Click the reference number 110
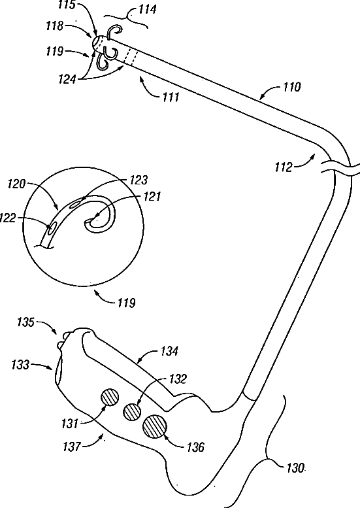pos(291,87)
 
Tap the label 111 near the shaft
pos(171,97)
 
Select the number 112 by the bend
pos(284,167)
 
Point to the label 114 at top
pos(147,9)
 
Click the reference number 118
pos(54,26)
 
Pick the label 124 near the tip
pos(67,79)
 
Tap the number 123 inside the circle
pos(139,180)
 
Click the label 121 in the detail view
pos(152,197)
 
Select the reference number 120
pos(16,184)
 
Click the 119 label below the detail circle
pos(126,303)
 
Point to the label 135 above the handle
pos(25,322)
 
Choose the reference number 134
pos(169,351)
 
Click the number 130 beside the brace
pos(295,468)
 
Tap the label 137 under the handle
pos(72,447)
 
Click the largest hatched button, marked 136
pos(154,427)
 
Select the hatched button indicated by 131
pos(110,398)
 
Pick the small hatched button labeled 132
pos(132,413)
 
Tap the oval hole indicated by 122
pos(52,228)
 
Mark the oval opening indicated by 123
pos(76,203)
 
